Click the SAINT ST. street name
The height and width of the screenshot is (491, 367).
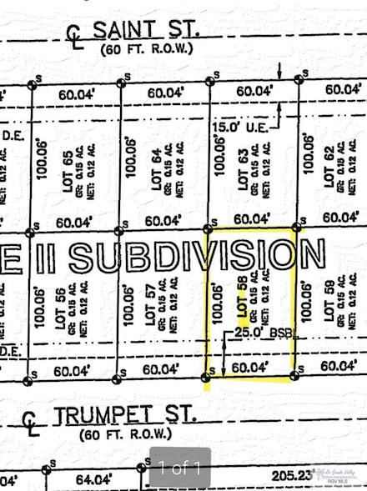point(145,31)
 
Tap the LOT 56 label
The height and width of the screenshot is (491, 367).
point(61,304)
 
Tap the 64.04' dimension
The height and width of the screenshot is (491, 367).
point(93,479)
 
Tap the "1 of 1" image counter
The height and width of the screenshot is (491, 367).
point(180,468)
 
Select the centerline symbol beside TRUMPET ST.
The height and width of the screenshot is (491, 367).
point(32,420)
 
